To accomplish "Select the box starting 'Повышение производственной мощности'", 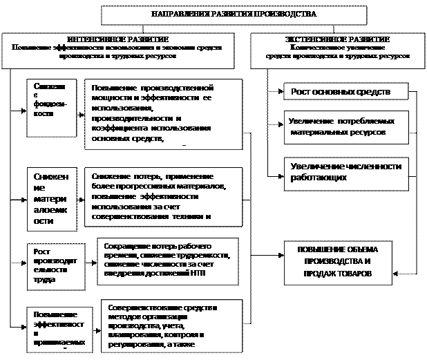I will click(x=163, y=115).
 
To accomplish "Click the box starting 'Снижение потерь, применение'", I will click(x=163, y=197).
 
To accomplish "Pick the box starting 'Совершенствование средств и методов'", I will click(x=169, y=325).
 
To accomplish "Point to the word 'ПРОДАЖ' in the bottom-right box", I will click(x=311, y=274).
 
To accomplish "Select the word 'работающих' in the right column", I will click(x=319, y=178).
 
